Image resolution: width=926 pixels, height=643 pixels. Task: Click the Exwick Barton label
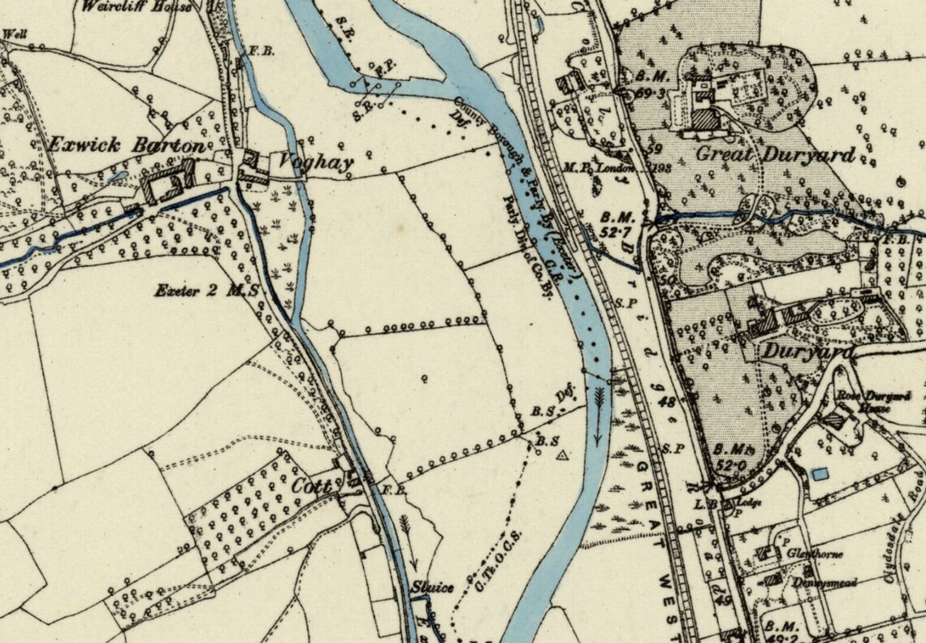click(127, 146)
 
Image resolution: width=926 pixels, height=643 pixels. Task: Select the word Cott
click(313, 486)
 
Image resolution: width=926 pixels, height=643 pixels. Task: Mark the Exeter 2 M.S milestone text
click(207, 289)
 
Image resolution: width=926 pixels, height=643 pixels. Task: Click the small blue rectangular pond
click(821, 473)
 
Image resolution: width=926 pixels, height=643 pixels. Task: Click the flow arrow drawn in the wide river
click(599, 414)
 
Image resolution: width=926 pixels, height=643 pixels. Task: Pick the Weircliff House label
click(137, 6)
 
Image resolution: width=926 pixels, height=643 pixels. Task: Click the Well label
click(13, 34)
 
